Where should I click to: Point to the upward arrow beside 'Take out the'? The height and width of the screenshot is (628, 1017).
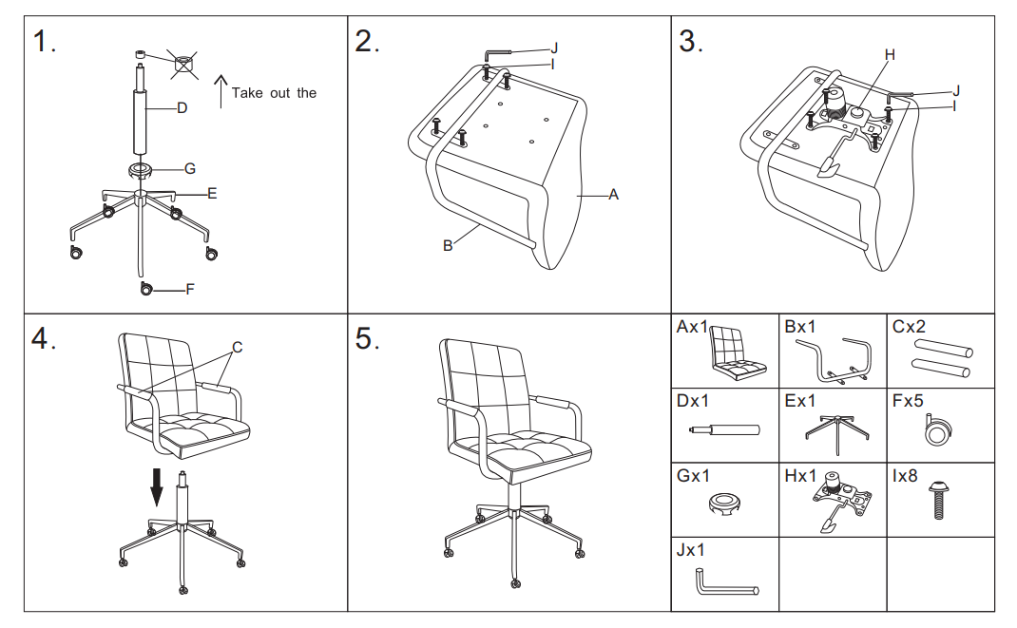(x=221, y=92)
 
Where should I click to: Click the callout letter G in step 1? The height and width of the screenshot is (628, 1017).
(x=190, y=169)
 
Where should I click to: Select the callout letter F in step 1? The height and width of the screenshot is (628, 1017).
(x=190, y=290)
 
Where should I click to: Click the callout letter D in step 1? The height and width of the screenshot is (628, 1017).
(x=182, y=108)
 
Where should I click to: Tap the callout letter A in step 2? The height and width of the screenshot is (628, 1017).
(x=614, y=195)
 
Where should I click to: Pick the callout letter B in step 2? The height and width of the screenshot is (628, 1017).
(x=448, y=246)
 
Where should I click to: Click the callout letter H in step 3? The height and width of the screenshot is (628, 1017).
(x=890, y=55)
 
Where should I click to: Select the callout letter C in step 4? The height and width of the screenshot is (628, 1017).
(x=238, y=348)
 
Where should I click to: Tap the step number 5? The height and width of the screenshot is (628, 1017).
(x=367, y=340)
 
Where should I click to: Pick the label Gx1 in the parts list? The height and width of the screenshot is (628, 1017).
(x=693, y=476)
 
